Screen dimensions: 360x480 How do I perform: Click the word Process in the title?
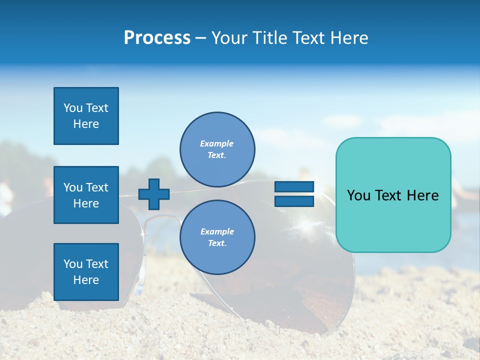157,38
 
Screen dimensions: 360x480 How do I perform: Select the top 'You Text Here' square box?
86,116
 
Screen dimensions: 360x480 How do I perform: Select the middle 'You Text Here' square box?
86,195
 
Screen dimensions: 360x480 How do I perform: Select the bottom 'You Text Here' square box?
86,271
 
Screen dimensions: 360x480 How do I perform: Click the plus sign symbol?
154,194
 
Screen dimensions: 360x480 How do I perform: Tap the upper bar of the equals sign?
294,186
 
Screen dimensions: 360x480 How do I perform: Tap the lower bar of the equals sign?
294,201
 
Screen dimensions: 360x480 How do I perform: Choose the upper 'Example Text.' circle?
217,149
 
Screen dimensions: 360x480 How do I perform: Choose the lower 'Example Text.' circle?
217,237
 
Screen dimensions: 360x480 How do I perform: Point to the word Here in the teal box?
422,195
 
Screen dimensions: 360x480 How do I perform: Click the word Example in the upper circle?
217,143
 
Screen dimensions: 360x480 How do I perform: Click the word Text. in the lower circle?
217,243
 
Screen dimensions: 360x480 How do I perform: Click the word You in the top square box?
72,108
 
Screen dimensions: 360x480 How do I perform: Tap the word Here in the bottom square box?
86,280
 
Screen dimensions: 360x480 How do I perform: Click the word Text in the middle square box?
97,187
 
